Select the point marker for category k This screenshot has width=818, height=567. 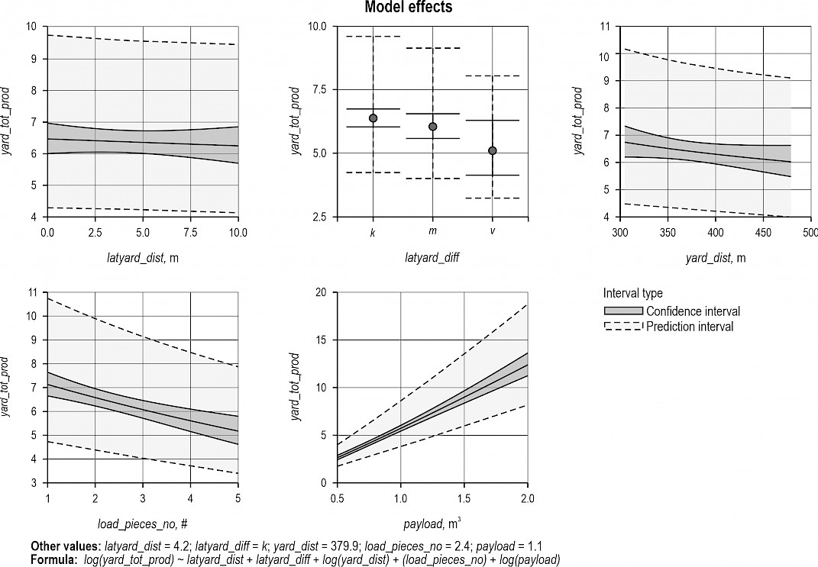click(x=373, y=118)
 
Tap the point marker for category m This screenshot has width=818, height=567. click(x=432, y=127)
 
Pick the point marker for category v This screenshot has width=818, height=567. click(x=493, y=150)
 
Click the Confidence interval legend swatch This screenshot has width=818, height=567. click(x=622, y=311)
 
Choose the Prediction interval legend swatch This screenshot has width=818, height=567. click(x=622, y=327)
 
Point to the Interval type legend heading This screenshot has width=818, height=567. click(x=633, y=294)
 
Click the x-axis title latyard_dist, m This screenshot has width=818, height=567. click(x=143, y=258)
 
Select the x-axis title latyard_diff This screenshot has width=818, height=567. click(x=432, y=258)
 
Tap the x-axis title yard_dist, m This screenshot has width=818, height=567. click(x=716, y=258)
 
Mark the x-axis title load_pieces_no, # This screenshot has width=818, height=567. click(x=142, y=525)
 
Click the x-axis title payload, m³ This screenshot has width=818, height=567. click(x=432, y=524)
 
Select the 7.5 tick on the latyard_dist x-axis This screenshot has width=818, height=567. click(x=190, y=231)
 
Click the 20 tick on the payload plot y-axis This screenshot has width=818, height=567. click(x=321, y=292)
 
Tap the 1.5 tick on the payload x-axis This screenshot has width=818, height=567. click(x=464, y=498)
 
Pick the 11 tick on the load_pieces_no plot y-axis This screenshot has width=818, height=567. click(x=31, y=292)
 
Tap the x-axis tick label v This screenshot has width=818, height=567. click(x=493, y=231)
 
